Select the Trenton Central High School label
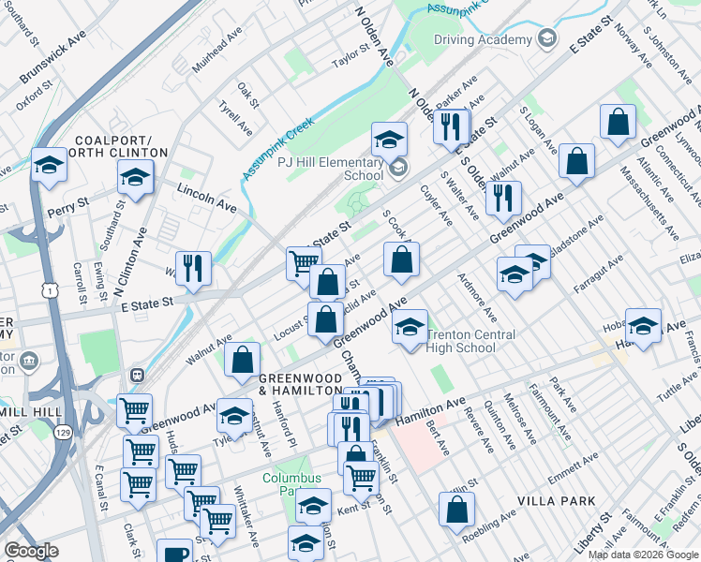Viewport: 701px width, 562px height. coord(472,341)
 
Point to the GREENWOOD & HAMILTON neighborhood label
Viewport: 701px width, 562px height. coord(300,382)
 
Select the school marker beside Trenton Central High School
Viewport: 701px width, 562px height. coord(410,328)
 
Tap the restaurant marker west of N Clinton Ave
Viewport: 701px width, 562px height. coord(193,268)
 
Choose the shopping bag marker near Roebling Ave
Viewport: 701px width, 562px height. coord(456,510)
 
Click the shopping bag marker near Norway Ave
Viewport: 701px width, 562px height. coord(618,123)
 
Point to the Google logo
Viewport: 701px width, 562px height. coord(31,551)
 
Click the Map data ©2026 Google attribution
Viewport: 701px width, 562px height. coord(643,555)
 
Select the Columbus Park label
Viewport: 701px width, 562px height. coord(291,483)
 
